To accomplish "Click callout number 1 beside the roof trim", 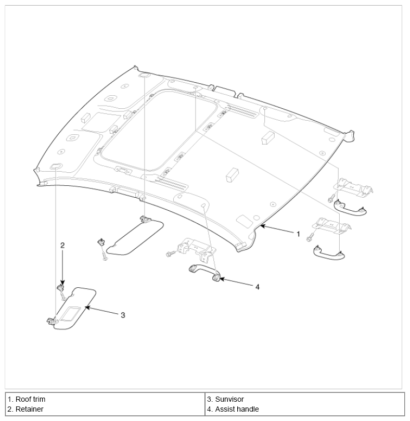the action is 298,234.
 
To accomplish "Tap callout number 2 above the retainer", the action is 62,246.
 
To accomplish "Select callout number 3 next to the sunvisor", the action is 123,315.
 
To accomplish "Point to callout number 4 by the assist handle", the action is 257,287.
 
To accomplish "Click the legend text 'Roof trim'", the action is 30,399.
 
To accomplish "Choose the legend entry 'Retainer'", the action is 30,409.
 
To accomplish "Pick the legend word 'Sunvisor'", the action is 229,399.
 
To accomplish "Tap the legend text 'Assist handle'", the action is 237,409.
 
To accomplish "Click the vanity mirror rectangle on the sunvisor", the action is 70,314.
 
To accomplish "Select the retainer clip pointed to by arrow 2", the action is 61,288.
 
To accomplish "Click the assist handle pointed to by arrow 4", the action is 204,272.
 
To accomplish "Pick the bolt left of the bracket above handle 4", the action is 171,253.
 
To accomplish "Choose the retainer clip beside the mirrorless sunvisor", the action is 101,241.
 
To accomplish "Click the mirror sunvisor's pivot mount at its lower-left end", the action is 53,321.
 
